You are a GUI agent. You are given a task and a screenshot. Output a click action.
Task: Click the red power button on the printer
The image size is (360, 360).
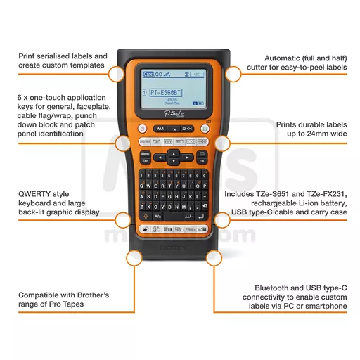click(142, 128)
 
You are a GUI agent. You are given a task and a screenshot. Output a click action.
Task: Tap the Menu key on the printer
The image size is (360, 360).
click(145, 153)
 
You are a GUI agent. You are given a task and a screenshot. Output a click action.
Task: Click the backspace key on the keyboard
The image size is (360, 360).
click(205, 207)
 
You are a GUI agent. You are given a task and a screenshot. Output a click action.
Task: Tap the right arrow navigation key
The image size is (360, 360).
click(186, 156)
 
